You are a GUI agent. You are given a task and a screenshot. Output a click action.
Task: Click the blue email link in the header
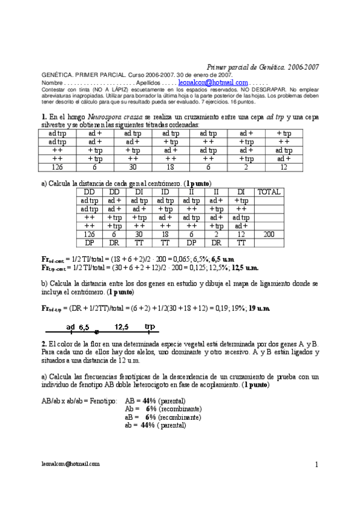pos(213,82)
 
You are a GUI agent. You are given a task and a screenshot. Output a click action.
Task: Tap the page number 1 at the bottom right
pos(316,465)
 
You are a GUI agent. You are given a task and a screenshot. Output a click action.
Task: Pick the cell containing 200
pos(269,234)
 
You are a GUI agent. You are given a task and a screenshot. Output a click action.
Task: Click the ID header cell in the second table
pos(165,192)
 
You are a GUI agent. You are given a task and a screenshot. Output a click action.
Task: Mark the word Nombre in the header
pos(52,82)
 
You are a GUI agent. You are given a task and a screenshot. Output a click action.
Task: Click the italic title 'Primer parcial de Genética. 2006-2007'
pos(263,68)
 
